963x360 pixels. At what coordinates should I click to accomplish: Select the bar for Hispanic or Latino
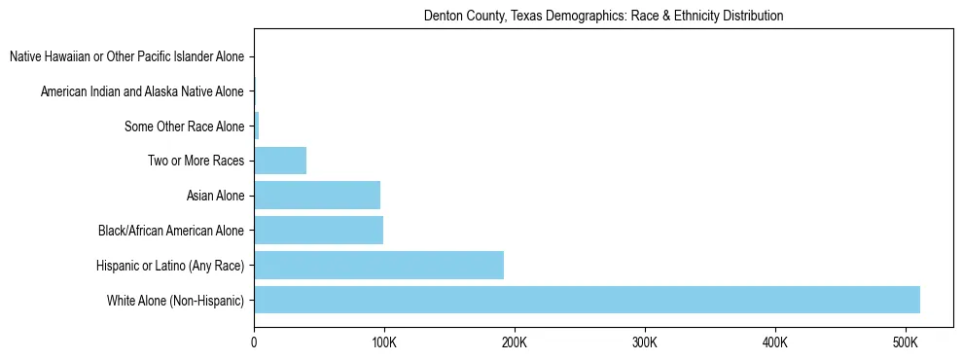[378, 265]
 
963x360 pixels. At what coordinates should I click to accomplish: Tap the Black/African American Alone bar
[318, 231]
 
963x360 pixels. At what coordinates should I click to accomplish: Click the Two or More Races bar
[280, 161]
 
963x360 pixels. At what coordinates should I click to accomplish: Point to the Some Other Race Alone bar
[257, 126]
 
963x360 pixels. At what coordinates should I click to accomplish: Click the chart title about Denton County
[603, 17]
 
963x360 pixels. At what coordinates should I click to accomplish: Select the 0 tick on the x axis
[254, 343]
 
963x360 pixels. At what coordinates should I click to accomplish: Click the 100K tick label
[384, 343]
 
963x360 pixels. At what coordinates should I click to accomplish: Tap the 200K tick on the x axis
[515, 343]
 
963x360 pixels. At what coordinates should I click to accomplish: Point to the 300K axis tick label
[645, 343]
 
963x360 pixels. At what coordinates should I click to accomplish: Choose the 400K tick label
[775, 343]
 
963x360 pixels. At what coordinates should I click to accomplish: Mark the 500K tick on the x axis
[906, 343]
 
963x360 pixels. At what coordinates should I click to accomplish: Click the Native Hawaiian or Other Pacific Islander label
[126, 57]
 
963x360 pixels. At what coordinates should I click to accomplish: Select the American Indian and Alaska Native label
[142, 92]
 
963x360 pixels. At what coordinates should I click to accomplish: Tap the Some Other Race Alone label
[184, 126]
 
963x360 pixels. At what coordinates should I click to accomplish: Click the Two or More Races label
[196, 162]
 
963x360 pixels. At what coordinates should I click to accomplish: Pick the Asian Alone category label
[215, 197]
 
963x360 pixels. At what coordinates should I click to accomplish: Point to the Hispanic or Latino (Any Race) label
[170, 266]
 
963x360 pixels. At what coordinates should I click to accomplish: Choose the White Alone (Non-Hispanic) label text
[176, 301]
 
